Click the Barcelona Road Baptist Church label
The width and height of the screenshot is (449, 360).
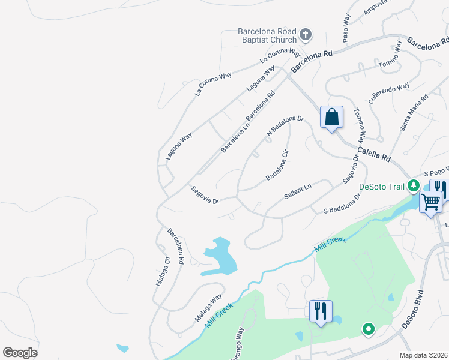pos(267,35)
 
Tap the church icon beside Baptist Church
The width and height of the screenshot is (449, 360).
pos(305,34)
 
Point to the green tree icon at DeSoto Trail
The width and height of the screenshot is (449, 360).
pos(413,185)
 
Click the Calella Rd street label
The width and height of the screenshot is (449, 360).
pos(374,154)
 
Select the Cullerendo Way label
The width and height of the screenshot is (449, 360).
pos(389,94)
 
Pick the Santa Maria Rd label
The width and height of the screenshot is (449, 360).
pos(414,112)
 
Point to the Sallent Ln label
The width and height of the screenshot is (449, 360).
pos(298,193)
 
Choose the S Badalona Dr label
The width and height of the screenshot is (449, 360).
pos(342,204)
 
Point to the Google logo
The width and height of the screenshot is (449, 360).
pos(20,353)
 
